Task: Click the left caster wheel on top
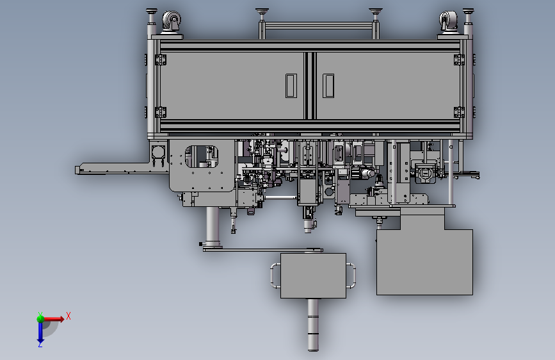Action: pos(172,21)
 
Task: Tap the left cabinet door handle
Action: pos(291,85)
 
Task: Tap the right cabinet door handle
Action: pos(328,85)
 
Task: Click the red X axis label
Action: pos(68,316)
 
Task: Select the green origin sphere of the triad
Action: pos(40,318)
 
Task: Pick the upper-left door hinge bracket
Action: pos(161,60)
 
